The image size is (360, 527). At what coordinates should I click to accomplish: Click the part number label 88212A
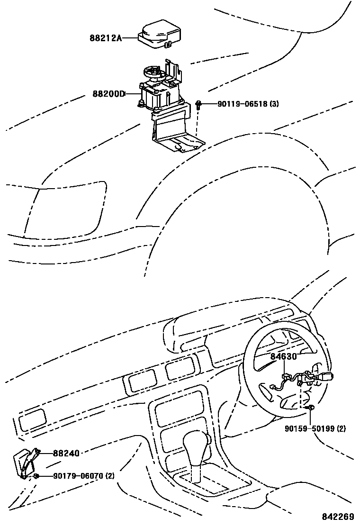tap(106, 38)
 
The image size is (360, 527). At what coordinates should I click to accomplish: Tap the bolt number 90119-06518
tap(242, 104)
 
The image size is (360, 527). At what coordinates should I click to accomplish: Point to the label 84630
tap(283, 356)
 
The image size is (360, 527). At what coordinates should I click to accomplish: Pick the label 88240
tap(66, 454)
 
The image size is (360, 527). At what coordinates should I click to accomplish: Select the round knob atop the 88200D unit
tap(154, 73)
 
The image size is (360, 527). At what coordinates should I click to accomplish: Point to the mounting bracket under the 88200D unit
tap(173, 128)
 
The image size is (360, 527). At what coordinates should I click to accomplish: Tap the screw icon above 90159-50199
tap(311, 408)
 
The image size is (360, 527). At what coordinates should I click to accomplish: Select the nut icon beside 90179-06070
tap(36, 476)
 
